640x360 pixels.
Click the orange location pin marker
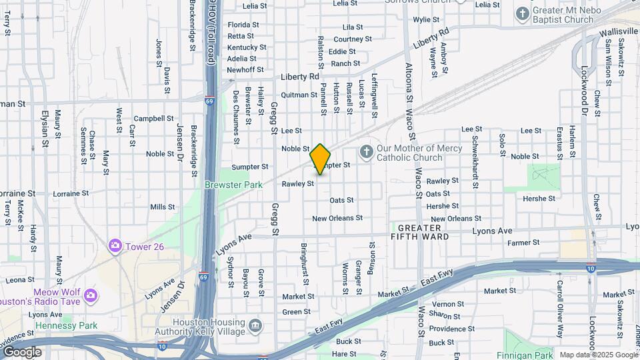tap(321, 159)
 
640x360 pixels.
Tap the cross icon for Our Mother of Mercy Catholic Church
tap(366, 153)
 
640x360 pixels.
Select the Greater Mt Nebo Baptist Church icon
tap(523, 13)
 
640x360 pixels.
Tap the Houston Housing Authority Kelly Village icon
tap(255, 326)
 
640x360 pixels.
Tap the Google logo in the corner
tap(22, 352)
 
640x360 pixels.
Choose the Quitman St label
tap(299, 95)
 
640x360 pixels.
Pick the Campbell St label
tap(153, 119)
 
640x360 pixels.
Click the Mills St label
tap(162, 207)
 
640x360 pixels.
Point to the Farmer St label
tap(523, 243)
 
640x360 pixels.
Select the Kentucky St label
tap(246, 47)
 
